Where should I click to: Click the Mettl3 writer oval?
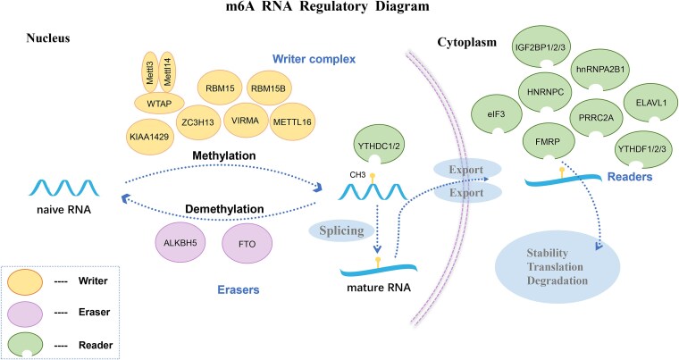coord(150,72)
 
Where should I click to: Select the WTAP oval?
coord(159,104)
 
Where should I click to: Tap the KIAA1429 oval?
coord(149,137)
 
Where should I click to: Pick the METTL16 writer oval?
coord(292,122)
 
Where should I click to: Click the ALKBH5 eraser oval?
coord(180,243)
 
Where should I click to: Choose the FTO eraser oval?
coord(247,244)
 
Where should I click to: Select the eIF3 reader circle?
coord(496,114)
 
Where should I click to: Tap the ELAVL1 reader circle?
coord(650,103)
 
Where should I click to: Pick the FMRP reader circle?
coord(548,141)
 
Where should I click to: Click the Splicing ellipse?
coord(341,230)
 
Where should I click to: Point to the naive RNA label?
coord(64,210)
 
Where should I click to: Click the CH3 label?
coord(357,175)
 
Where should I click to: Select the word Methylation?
coord(224,155)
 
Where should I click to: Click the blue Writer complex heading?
coord(314,58)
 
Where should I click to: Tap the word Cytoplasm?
coord(466,43)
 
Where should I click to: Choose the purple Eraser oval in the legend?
coord(25,314)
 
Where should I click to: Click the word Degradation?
coord(557,280)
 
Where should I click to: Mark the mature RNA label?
coord(379,288)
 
